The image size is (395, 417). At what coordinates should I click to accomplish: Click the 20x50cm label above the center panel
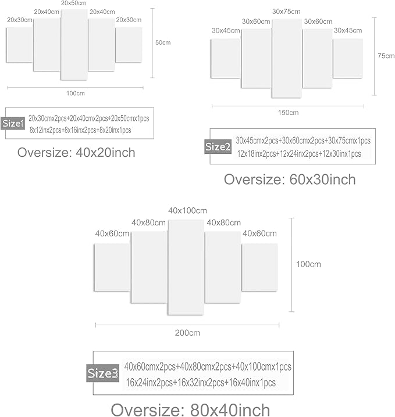tap(74, 3)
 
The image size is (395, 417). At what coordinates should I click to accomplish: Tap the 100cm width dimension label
tap(76, 94)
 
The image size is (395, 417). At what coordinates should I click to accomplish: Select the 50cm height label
tap(163, 42)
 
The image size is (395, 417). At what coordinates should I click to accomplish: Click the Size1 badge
tap(13, 123)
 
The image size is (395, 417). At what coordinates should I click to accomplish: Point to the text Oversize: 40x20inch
tap(76, 153)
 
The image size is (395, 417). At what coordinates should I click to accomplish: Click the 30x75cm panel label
tap(286, 12)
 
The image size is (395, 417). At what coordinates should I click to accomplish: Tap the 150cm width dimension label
tap(288, 113)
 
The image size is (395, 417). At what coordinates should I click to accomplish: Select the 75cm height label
tap(386, 56)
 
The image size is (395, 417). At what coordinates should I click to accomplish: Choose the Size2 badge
tap(218, 146)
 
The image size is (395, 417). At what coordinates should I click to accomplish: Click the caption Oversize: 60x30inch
tap(290, 179)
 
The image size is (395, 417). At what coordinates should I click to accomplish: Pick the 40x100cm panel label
tap(187, 211)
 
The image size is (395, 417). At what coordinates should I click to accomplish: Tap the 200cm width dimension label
tap(187, 333)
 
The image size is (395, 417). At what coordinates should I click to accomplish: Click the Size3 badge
tap(103, 373)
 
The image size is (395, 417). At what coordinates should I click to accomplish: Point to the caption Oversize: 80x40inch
tap(190, 409)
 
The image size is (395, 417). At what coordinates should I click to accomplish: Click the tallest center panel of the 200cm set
tap(186, 267)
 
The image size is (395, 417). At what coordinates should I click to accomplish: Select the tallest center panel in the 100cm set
tap(74, 44)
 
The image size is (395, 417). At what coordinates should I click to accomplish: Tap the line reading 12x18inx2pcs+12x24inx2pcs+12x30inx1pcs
tap(299, 154)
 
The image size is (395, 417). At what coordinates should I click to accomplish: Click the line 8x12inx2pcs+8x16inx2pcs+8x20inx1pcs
tap(80, 130)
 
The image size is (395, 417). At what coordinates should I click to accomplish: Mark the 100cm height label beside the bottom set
tap(308, 264)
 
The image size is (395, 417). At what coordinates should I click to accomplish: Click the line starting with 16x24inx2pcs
tap(201, 383)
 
